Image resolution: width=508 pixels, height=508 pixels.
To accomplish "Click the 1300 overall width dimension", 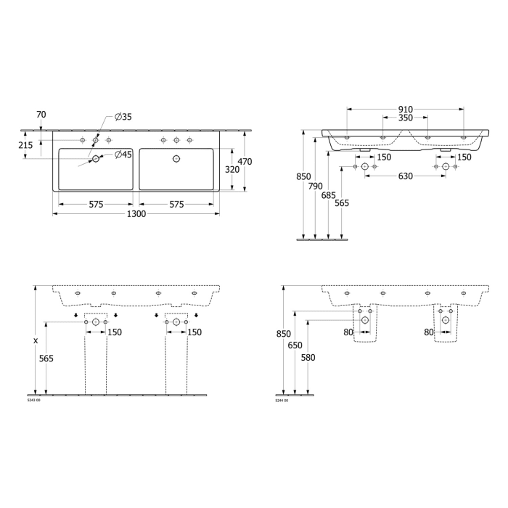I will [x=136, y=214].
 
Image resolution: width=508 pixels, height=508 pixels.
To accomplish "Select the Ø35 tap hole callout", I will [x=123, y=117].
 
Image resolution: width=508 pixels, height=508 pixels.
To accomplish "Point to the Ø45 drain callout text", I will [x=123, y=154].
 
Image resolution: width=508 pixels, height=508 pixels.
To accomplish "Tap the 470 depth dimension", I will [x=245, y=162].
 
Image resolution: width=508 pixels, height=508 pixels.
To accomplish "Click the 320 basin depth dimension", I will [x=231, y=169].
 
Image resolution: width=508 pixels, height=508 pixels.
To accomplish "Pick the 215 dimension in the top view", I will [x=25, y=145].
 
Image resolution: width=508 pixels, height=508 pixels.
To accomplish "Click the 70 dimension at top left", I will [x=41, y=114].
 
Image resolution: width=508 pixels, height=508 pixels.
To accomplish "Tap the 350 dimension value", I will [x=405, y=118].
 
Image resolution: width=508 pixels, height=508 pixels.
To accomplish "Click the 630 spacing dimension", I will [x=406, y=176].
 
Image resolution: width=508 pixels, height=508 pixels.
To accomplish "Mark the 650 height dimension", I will [x=295, y=345].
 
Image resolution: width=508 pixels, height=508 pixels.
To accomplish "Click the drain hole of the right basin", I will [x=176, y=158].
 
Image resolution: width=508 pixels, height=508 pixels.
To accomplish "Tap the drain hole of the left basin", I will [x=95, y=158].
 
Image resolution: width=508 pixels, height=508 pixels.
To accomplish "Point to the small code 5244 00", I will [x=282, y=400].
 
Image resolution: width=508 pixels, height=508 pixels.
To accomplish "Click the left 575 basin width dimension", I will [x=96, y=205].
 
